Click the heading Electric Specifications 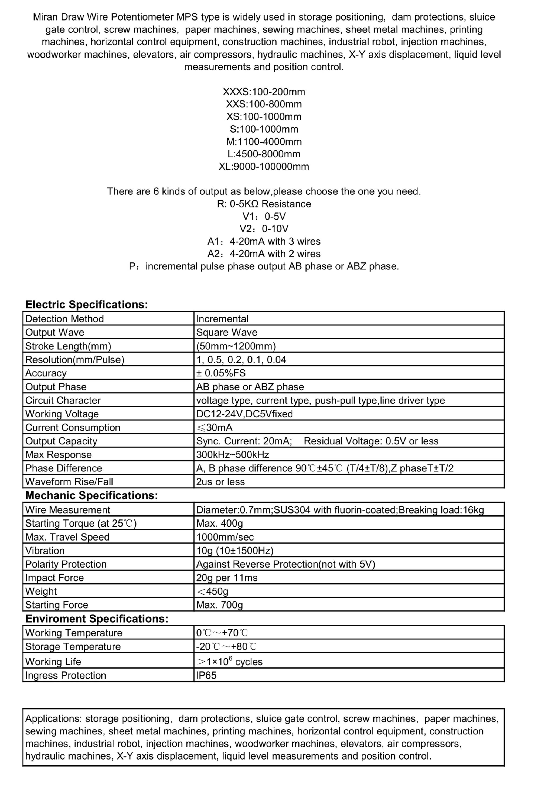[87, 305]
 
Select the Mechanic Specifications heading [91, 495]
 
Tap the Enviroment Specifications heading [97, 619]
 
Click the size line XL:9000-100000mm [264, 167]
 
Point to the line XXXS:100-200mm [264, 92]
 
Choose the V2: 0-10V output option [264, 229]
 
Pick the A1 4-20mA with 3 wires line [264, 241]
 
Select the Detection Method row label [64, 319]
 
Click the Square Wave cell [227, 332]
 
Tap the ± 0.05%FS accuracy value [221, 373]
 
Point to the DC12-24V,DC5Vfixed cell [244, 414]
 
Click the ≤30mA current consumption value [214, 427]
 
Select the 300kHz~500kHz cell [233, 455]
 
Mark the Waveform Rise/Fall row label [69, 482]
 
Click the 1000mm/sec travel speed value [225, 537]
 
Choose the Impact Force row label [55, 578]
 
